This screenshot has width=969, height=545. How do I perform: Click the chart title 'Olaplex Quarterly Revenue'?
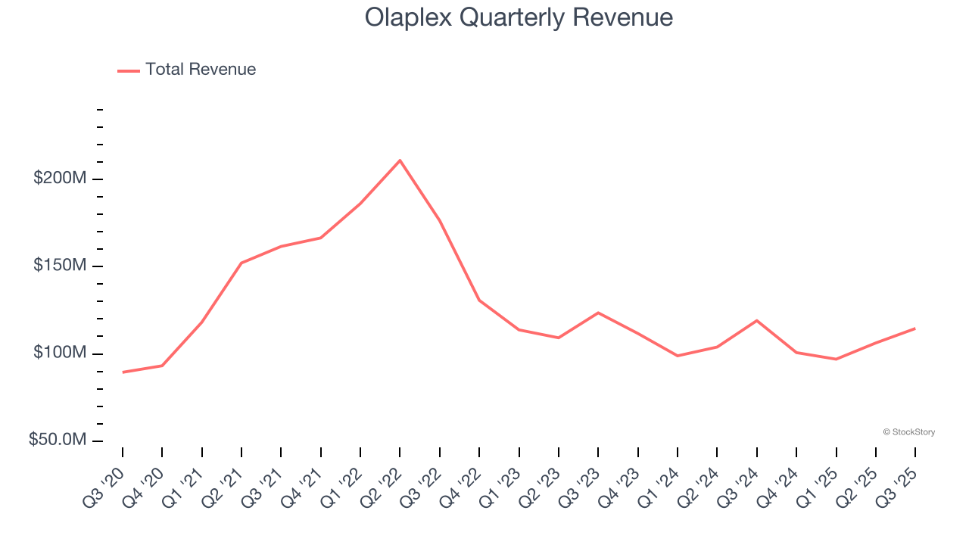(519, 17)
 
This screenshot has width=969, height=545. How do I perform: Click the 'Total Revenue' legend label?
(201, 70)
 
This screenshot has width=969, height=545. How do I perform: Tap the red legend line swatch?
(129, 70)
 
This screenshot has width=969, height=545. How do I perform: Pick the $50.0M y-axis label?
(58, 440)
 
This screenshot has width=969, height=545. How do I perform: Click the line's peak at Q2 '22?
(400, 160)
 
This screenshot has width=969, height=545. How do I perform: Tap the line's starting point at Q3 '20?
(123, 372)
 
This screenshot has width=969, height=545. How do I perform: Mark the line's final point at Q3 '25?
(914, 329)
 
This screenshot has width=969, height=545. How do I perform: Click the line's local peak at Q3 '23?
(598, 313)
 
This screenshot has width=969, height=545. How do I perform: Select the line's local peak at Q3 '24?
(756, 320)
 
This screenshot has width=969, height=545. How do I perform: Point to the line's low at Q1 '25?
(836, 359)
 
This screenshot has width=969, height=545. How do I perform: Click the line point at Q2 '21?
(241, 263)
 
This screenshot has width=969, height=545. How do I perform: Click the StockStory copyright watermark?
(908, 432)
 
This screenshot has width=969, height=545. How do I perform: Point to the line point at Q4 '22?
(479, 301)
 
